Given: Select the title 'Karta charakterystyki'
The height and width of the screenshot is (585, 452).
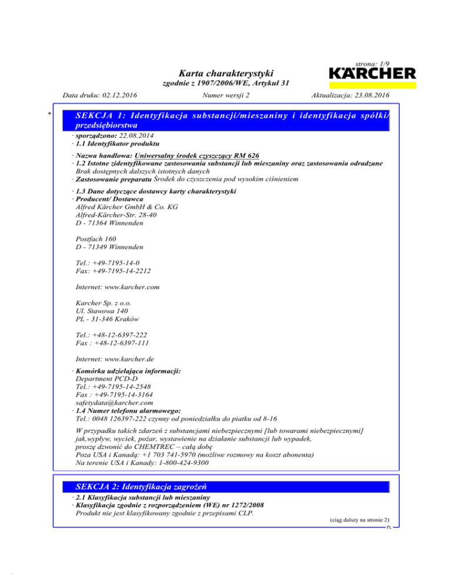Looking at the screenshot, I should pyautogui.click(x=226, y=73).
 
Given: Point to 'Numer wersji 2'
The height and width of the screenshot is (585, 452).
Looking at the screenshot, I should pyautogui.click(x=226, y=95).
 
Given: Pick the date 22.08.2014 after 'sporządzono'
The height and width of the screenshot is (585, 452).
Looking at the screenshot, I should pyautogui.click(x=132, y=135).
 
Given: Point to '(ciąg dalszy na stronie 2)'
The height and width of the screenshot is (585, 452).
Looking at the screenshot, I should pyautogui.click(x=357, y=520).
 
